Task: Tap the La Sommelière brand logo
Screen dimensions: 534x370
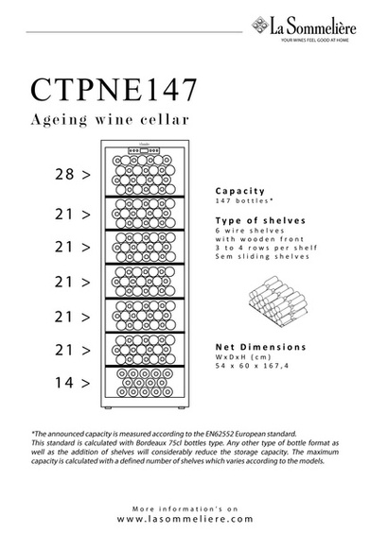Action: tap(305, 36)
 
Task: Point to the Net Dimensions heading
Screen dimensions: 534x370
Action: tap(260, 346)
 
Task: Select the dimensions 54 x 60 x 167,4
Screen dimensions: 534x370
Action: tap(254, 365)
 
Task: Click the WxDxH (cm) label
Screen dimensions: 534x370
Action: tap(240, 356)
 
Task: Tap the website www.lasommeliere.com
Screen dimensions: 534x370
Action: tap(184, 518)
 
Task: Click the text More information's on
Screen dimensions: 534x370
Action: tap(184, 508)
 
